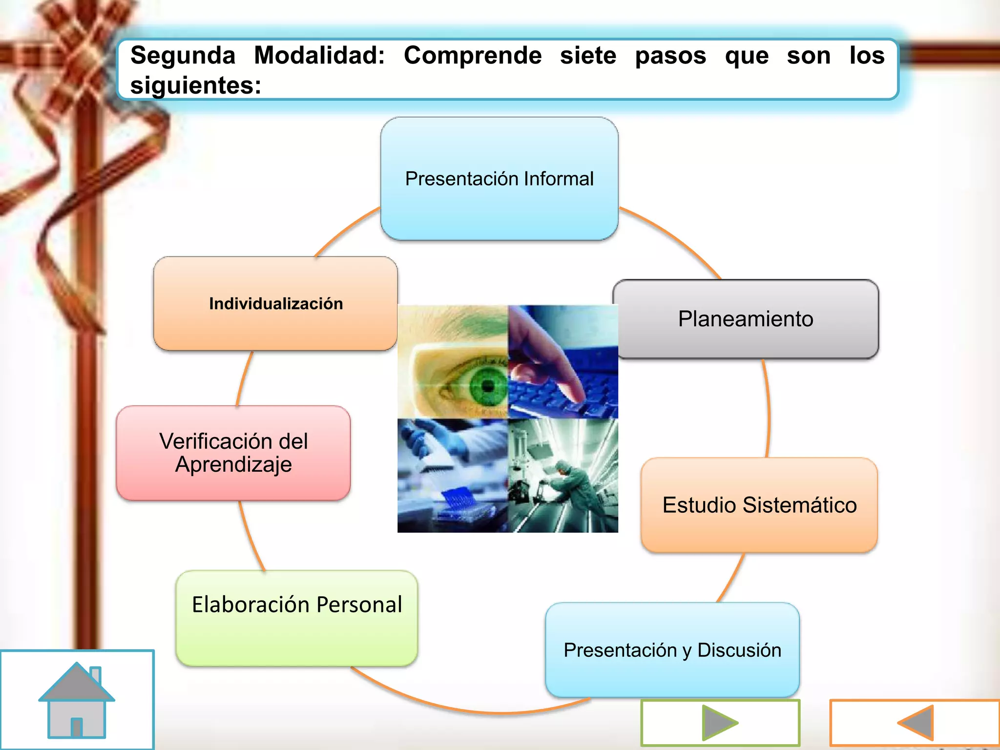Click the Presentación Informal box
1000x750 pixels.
coord(499,179)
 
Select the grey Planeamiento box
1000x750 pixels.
coord(746,319)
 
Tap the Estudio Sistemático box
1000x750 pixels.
coord(759,505)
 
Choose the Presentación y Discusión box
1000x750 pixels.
coord(672,650)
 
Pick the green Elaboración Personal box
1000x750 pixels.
coord(297,618)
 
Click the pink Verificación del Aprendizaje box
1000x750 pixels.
coord(233,453)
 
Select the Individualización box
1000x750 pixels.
coord(276,303)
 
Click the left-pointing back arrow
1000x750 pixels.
coord(916,723)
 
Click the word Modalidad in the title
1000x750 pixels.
coord(319,55)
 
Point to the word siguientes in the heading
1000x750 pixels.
coord(195,85)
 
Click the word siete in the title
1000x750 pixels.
coord(588,55)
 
